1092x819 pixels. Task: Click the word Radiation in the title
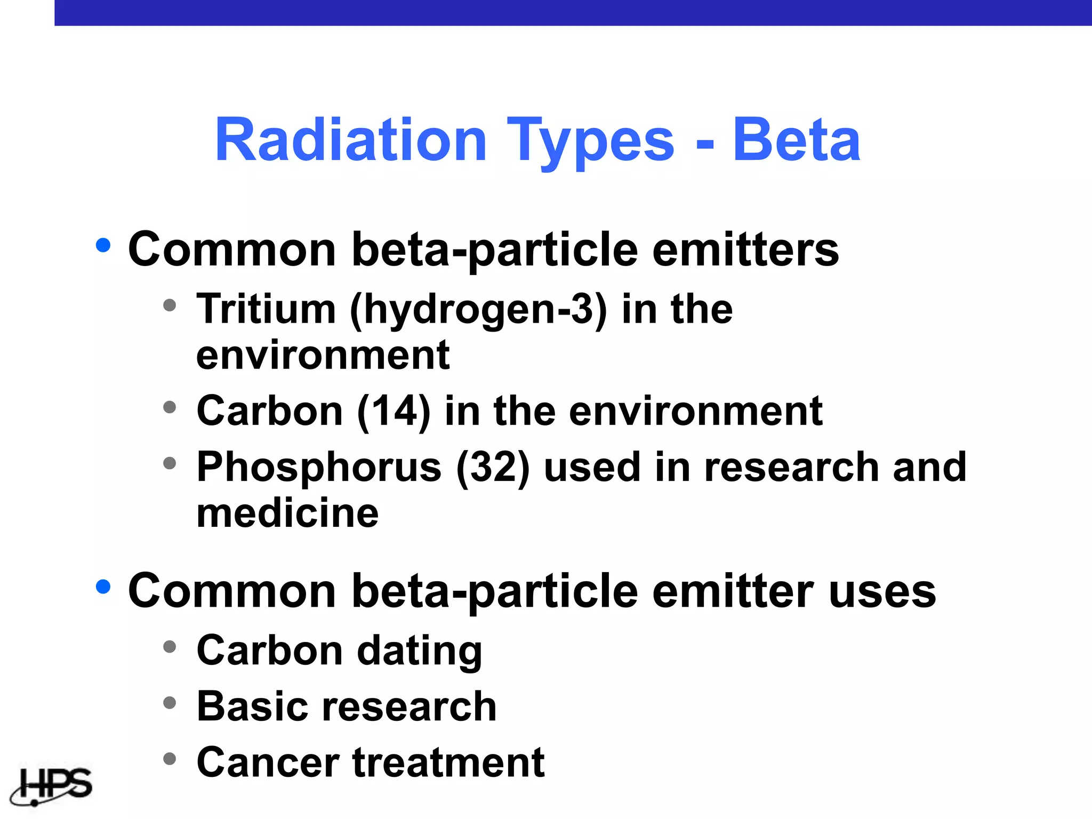point(350,140)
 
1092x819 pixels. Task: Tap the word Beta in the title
point(796,140)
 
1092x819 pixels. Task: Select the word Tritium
point(266,309)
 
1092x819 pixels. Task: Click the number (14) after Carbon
point(394,412)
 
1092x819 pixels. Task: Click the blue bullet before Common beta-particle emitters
point(103,246)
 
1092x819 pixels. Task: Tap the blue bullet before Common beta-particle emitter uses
point(103,587)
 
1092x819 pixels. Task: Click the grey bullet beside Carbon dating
point(170,647)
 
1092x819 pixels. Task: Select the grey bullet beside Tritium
point(170,306)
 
